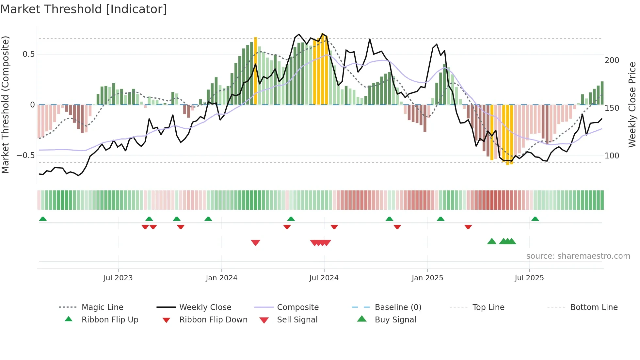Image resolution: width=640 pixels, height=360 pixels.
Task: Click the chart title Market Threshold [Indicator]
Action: (84, 9)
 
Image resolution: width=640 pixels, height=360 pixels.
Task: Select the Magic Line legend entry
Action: (102, 307)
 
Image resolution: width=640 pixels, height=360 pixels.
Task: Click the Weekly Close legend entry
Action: (205, 307)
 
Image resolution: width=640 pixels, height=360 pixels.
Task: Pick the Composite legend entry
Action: (297, 307)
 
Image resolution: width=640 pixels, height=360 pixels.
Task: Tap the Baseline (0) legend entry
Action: (398, 307)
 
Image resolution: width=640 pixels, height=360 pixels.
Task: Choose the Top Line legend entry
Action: (488, 307)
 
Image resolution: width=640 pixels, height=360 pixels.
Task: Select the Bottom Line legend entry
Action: (594, 307)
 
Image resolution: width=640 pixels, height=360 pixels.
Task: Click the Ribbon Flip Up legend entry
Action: (110, 320)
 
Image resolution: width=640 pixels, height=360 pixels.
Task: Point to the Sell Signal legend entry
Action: (297, 320)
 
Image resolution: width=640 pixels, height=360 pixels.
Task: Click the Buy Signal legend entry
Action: (395, 320)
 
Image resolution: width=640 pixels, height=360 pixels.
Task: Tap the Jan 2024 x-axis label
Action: (221, 278)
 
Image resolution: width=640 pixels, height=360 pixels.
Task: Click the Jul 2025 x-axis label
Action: (529, 278)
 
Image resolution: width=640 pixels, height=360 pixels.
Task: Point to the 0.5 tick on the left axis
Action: (29, 54)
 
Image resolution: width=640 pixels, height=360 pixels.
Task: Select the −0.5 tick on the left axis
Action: (26, 155)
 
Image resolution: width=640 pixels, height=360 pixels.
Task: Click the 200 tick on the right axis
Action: (612, 60)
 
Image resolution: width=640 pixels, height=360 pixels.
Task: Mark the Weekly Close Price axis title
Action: (632, 105)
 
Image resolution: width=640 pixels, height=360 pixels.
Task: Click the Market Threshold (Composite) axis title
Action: (5, 105)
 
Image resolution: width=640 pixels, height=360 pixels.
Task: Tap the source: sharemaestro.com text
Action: (578, 256)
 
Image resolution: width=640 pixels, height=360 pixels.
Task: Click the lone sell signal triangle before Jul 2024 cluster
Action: (255, 243)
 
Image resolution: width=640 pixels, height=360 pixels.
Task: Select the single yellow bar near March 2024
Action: (255, 71)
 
